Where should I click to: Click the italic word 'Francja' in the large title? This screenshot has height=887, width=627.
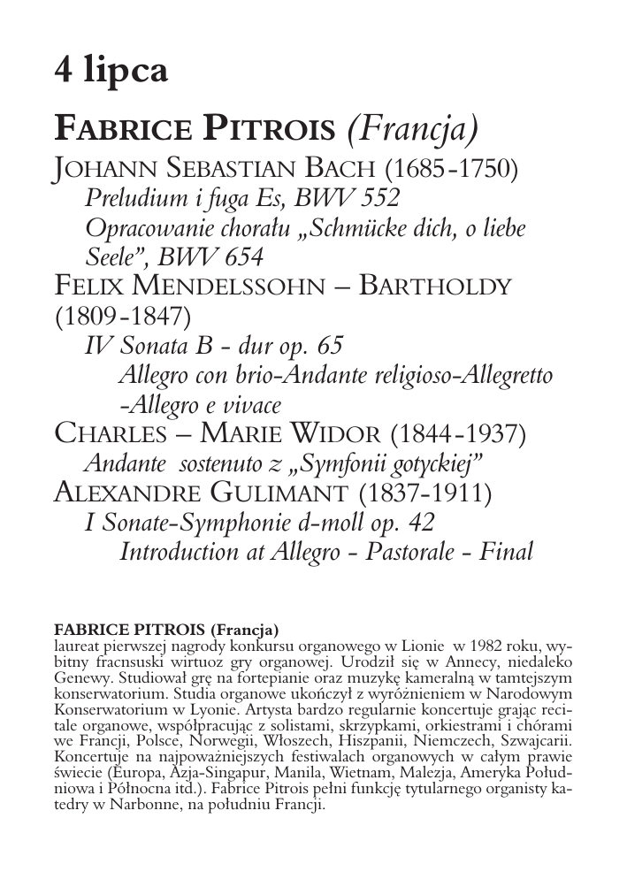(413, 130)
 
